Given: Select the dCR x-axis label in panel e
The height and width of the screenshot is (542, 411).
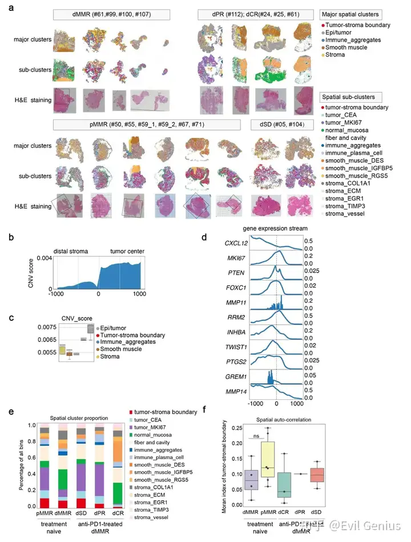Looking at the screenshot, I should coord(118,513).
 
